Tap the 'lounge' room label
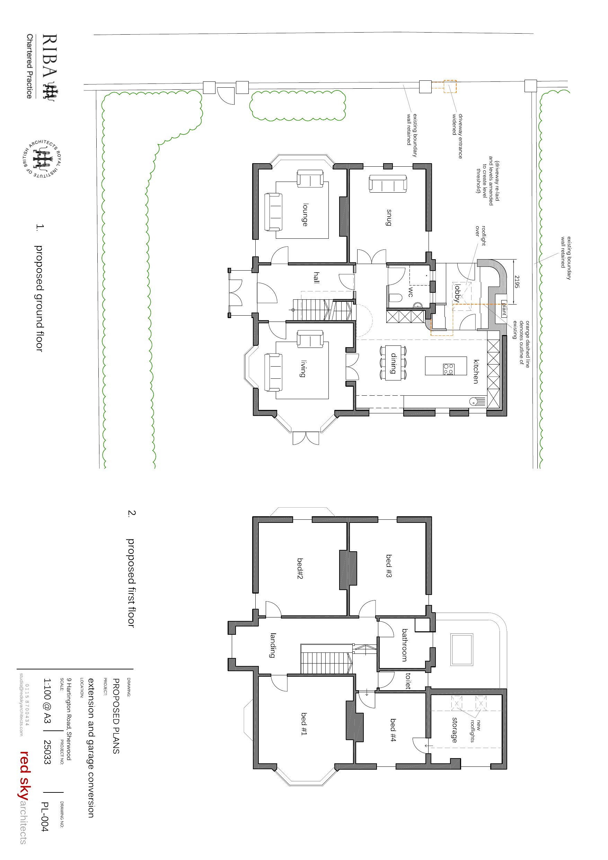point(306,214)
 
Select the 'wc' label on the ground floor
point(411,292)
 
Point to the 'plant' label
point(504,309)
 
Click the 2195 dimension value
point(517,282)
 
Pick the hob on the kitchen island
point(449,369)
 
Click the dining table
point(393,362)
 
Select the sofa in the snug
point(388,184)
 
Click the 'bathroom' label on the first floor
point(405,645)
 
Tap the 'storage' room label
point(455,730)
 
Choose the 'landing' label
point(273,645)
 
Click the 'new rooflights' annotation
point(475,730)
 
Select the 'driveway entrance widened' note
point(457,136)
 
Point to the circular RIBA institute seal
point(41,159)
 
